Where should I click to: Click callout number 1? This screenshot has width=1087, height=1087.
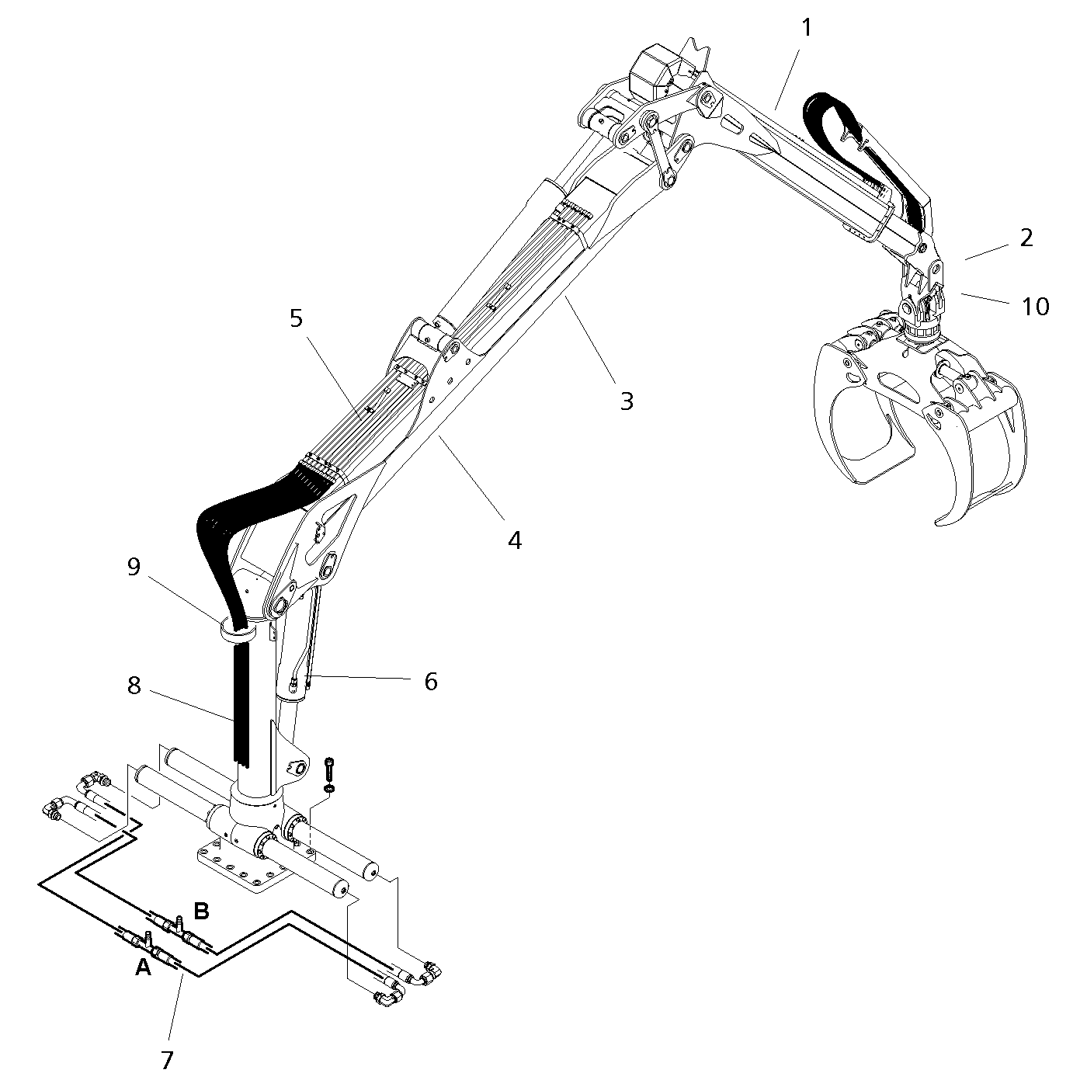coord(806,29)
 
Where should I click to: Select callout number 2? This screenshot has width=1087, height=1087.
coord(1026,238)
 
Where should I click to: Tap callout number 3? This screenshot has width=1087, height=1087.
coord(627,401)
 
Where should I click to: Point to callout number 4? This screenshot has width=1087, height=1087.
coord(515,540)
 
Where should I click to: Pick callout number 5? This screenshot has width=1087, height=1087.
coord(297,318)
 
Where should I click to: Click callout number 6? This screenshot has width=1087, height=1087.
coord(430,682)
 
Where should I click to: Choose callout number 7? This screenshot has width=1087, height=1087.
coord(167,1058)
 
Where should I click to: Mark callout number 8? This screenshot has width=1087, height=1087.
coord(134,686)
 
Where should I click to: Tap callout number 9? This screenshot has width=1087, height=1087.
coord(134,568)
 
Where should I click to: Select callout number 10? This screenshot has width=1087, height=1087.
coord(1035,307)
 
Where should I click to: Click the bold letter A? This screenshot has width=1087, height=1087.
coord(143,967)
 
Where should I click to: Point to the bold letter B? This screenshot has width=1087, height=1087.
coord(200,910)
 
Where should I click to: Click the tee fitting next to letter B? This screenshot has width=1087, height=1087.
coord(179,923)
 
